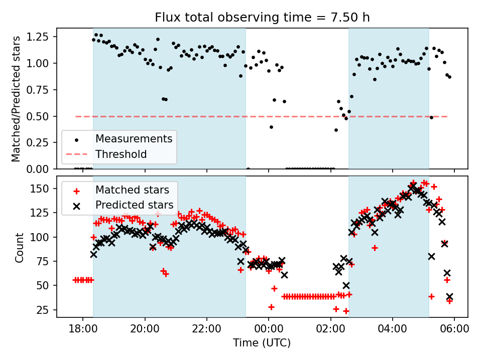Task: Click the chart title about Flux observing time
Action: click(x=262, y=18)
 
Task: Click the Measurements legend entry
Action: click(x=134, y=138)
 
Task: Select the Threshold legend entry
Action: click(x=121, y=154)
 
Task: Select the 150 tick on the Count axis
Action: click(x=44, y=189)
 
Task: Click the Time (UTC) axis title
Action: click(x=262, y=343)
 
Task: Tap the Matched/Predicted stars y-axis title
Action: click(x=16, y=99)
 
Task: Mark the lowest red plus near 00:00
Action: click(x=271, y=307)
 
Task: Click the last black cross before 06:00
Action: click(x=449, y=296)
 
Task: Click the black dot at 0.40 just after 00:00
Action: click(x=271, y=127)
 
